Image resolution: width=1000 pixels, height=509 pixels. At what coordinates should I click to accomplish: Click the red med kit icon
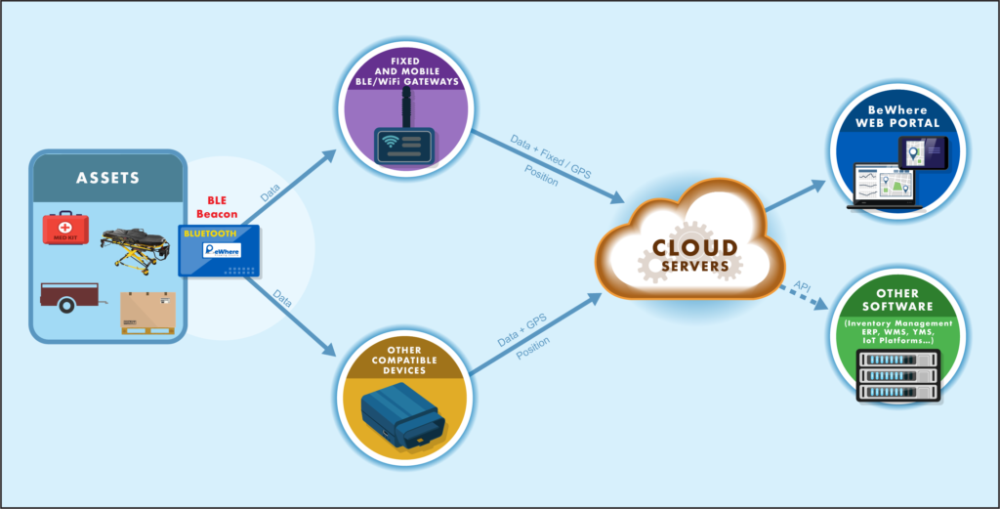pos(65,229)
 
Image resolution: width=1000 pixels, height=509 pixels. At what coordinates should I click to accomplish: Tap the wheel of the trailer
pos(65,305)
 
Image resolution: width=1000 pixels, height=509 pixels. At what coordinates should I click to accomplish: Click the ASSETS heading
pos(107,178)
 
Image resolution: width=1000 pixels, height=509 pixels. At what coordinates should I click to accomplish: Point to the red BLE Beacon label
pos(217,207)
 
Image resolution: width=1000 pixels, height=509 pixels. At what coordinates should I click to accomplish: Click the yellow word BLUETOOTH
pos(209,233)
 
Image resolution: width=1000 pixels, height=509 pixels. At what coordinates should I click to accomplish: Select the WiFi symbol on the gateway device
pos(389,141)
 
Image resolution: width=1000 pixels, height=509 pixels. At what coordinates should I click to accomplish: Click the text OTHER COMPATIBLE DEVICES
pos(405,360)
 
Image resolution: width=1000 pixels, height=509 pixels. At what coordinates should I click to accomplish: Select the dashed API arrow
pos(801,298)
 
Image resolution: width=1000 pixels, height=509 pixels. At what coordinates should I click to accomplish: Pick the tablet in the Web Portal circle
pos(923,152)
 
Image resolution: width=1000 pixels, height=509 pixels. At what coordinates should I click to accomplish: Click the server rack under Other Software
pos(899,376)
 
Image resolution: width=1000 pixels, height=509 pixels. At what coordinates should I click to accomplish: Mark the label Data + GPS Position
pos(523,339)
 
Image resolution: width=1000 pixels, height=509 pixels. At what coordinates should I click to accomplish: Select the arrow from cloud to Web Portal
pos(795,196)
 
